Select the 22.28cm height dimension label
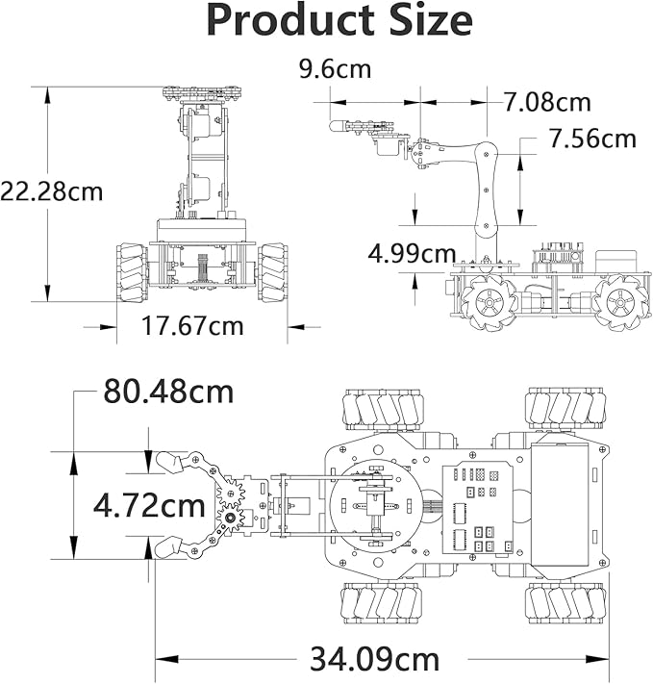[51, 190]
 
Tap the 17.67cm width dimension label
[192, 326]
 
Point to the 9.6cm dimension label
[335, 69]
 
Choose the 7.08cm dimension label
[547, 101]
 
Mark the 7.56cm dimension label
[592, 139]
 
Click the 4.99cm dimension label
[413, 254]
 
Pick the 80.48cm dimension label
[168, 392]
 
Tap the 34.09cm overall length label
[374, 660]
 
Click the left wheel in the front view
[132, 273]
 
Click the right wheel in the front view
[272, 273]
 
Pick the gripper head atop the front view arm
[201, 94]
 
